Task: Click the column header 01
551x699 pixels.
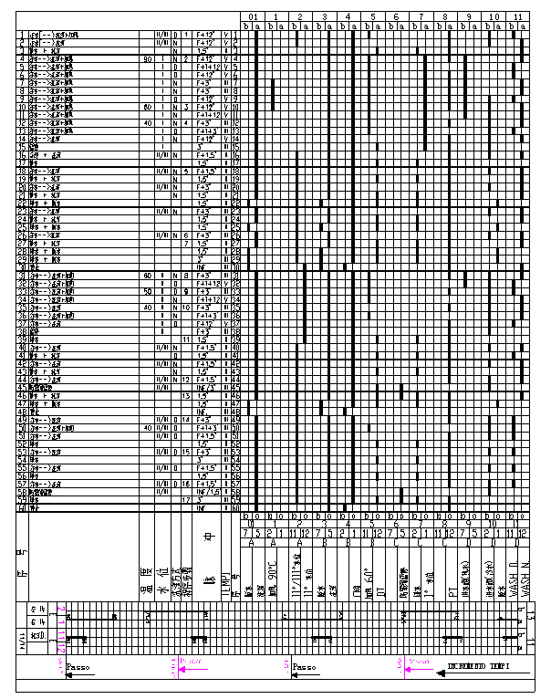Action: pyautogui.click(x=255, y=17)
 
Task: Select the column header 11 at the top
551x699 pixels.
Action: pyautogui.click(x=517, y=17)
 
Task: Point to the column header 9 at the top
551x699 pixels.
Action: pyautogui.click(x=469, y=17)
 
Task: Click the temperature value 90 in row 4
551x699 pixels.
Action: pyautogui.click(x=147, y=59)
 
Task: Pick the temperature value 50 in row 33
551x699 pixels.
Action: pyautogui.click(x=147, y=291)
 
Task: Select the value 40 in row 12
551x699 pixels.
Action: pyautogui.click(x=147, y=122)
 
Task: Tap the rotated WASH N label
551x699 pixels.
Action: pyautogui.click(x=524, y=569)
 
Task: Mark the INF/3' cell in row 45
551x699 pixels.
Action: pyautogui.click(x=206, y=386)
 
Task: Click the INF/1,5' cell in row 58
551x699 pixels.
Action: pyautogui.click(x=206, y=491)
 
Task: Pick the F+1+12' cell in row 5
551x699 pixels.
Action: pyautogui.click(x=206, y=68)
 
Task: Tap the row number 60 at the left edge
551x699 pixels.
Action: pyautogui.click(x=21, y=507)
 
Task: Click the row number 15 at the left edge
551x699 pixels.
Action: pyautogui.click(x=21, y=146)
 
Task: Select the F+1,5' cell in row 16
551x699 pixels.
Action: pyautogui.click(x=206, y=154)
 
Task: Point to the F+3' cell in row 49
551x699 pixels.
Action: pyautogui.click(x=206, y=419)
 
